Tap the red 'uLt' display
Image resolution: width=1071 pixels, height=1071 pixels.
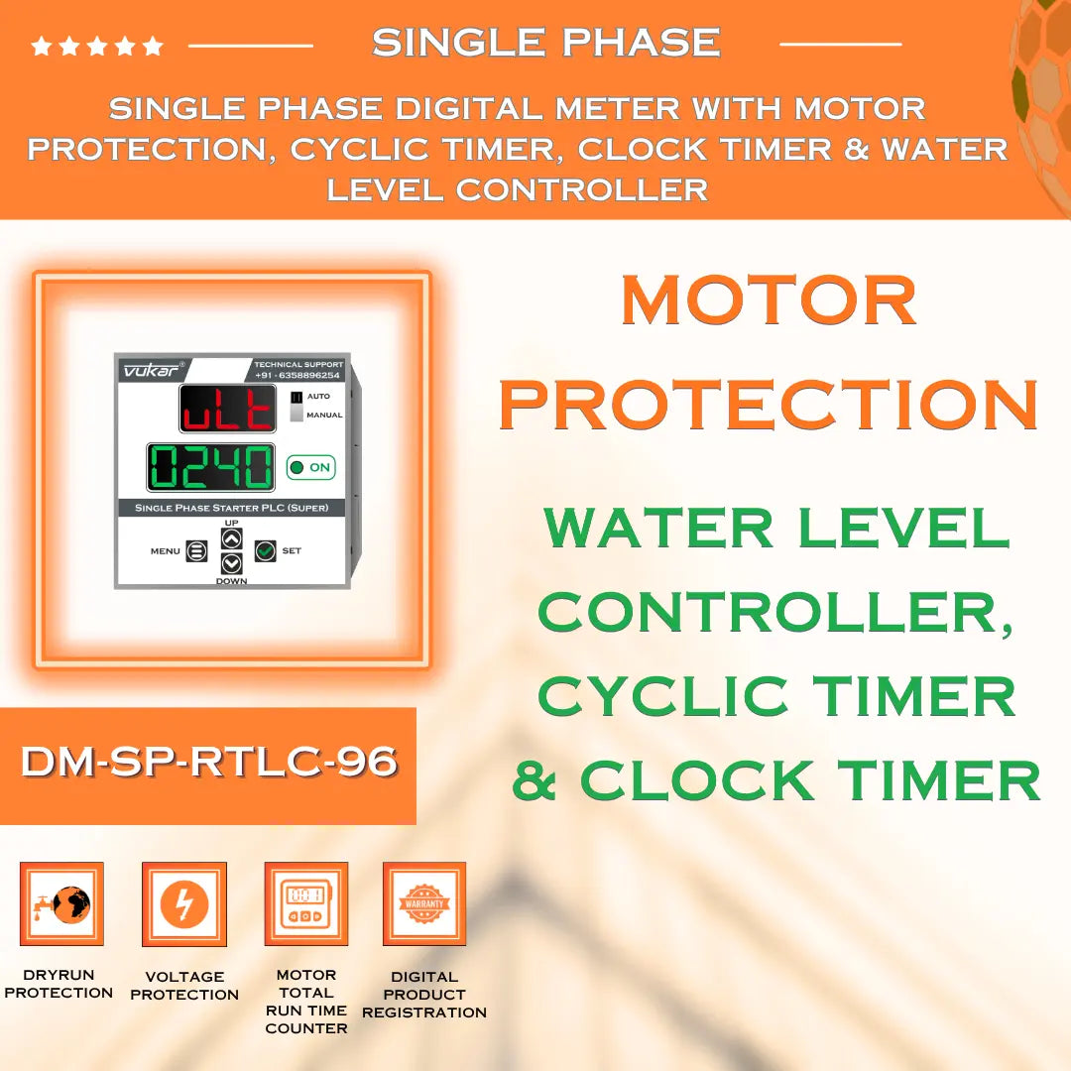pyautogui.click(x=227, y=409)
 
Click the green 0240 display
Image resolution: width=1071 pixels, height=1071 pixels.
pyautogui.click(x=211, y=467)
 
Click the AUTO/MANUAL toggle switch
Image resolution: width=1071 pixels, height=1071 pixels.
pyautogui.click(x=296, y=406)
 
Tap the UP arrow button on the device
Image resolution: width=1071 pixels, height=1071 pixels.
pyautogui.click(x=231, y=538)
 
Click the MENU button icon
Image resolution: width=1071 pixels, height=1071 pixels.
pyautogui.click(x=196, y=550)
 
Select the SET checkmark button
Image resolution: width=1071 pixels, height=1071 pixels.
pyautogui.click(x=265, y=550)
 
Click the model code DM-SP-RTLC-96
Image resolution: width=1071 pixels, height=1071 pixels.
pyautogui.click(x=209, y=763)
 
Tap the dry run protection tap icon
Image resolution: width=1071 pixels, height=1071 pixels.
pyautogui.click(x=61, y=903)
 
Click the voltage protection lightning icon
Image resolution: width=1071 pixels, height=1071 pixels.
pyautogui.click(x=184, y=903)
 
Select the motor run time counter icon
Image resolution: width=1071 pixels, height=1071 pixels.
pyautogui.click(x=305, y=903)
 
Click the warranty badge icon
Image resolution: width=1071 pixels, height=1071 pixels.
pyautogui.click(x=424, y=903)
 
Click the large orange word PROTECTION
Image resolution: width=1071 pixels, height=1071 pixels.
pyautogui.click(x=769, y=404)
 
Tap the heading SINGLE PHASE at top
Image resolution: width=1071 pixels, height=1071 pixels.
pyautogui.click(x=545, y=43)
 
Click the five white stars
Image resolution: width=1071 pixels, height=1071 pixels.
pyautogui.click(x=97, y=46)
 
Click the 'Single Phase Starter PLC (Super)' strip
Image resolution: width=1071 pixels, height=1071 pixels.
pyautogui.click(x=231, y=508)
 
